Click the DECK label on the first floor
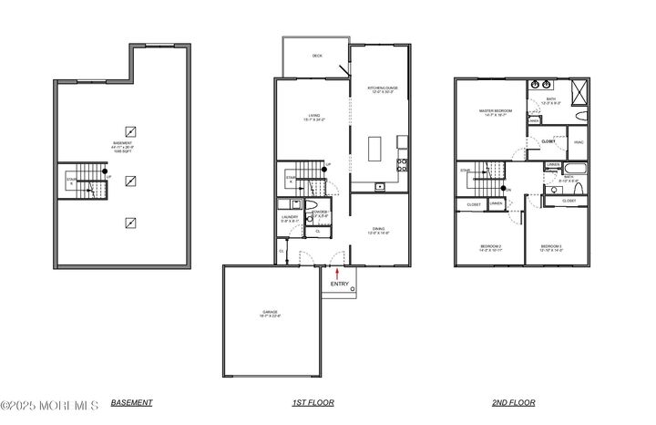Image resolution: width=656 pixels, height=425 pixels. [317, 57]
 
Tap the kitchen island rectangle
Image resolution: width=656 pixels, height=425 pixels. [374, 149]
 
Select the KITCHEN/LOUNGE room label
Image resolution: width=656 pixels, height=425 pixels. [383, 89]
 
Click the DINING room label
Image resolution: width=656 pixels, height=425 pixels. [379, 231]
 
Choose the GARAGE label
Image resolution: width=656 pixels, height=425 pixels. [270, 313]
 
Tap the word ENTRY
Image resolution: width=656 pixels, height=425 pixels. [339, 284]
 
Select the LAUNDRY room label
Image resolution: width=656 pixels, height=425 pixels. [289, 218]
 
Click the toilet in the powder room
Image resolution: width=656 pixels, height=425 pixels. [312, 204]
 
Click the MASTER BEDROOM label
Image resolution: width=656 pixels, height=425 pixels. [496, 112]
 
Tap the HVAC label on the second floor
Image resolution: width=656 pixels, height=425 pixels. [579, 141]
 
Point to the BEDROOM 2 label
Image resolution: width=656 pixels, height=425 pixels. [491, 247]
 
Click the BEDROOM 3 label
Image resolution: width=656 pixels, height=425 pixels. [550, 247]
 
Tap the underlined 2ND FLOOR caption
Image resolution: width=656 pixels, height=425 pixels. [516, 402]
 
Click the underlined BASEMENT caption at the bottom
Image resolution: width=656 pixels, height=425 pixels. [131, 402]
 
